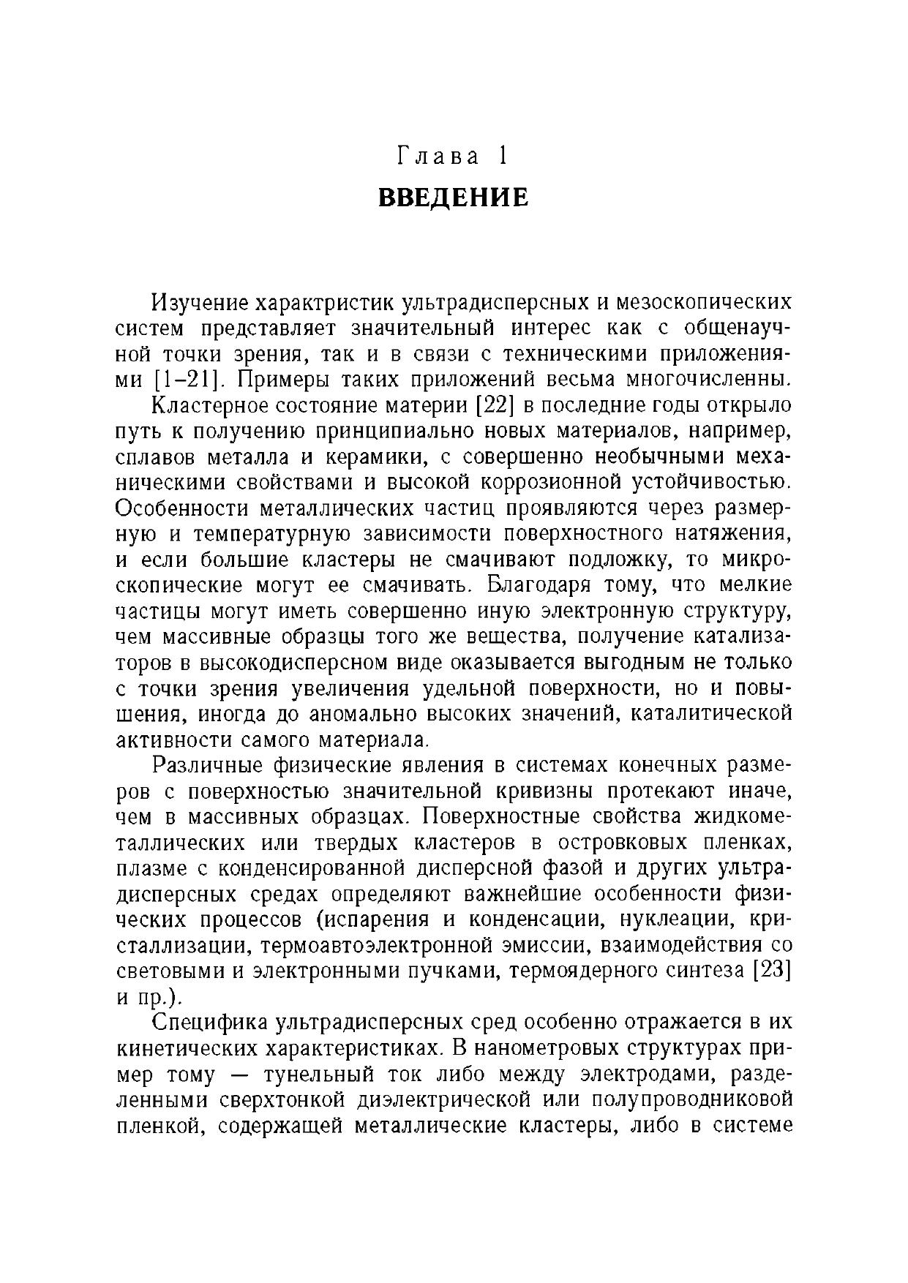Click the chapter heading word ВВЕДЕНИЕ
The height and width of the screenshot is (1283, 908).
(x=454, y=197)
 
